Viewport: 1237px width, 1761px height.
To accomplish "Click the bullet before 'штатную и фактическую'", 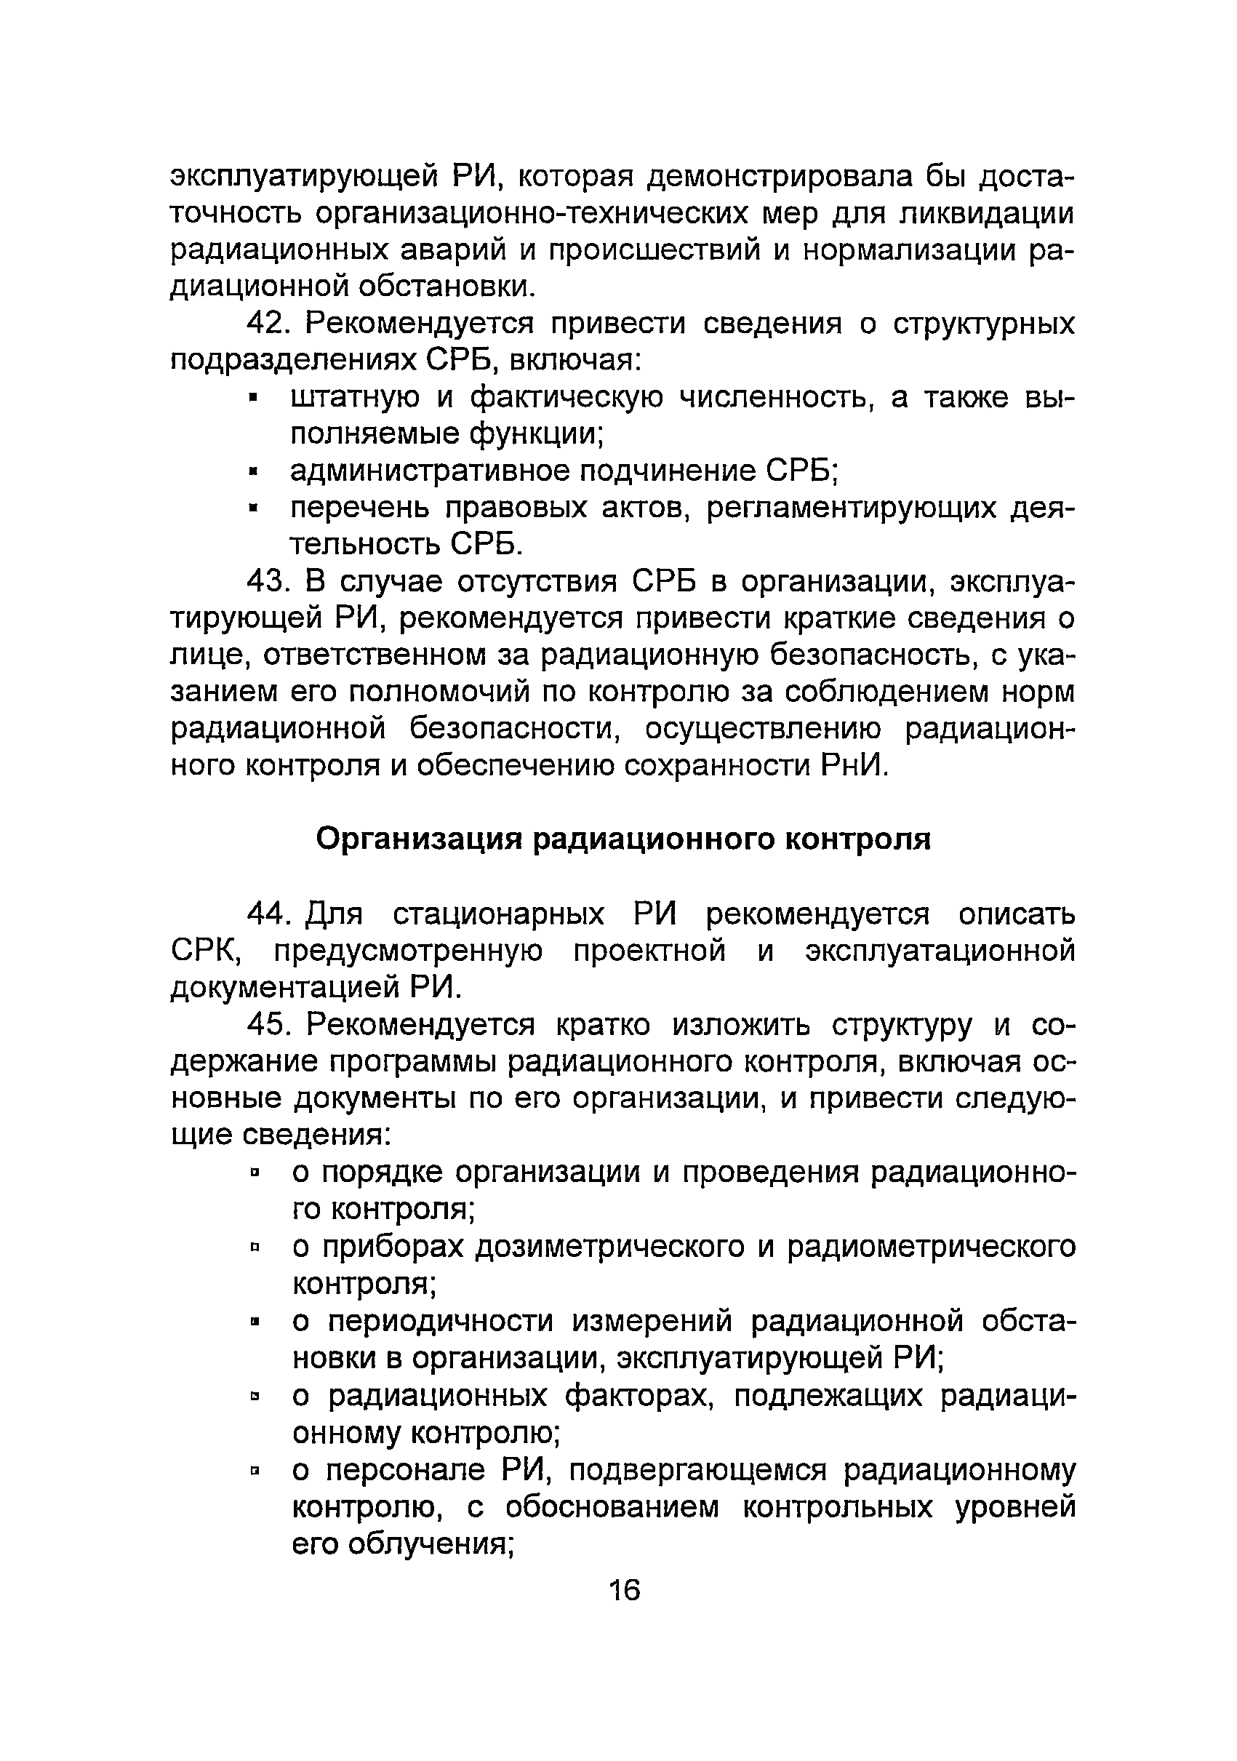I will pos(255,398).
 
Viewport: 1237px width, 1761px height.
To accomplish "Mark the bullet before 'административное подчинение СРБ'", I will pos(255,471).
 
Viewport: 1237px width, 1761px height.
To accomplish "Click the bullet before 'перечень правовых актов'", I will pos(255,508).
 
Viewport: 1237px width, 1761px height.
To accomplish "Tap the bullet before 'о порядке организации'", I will pos(255,1173).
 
